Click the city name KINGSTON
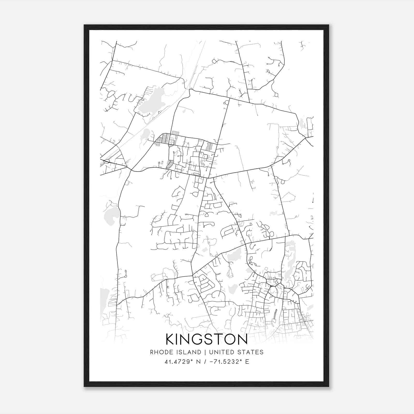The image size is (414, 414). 206,339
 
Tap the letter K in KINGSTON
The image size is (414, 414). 171,339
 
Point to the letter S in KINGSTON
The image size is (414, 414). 208,339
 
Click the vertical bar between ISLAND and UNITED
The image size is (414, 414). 205,352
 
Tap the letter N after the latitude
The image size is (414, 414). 198,362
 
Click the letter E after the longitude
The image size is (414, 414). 247,362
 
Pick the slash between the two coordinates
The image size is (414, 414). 205,362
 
